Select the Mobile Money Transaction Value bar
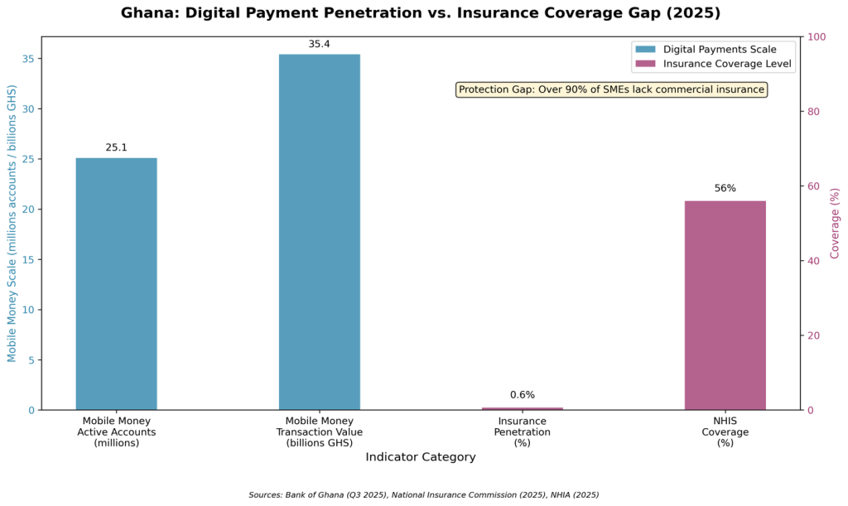coord(319,232)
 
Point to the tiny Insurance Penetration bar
coord(522,408)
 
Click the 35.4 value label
coord(319,44)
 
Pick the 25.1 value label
coord(116,147)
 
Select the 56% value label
coord(725,189)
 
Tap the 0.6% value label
coord(522,395)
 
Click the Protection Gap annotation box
coord(611,89)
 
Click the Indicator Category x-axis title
coord(420,457)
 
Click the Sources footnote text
coord(423,494)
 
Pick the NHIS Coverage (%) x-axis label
coord(725,431)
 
